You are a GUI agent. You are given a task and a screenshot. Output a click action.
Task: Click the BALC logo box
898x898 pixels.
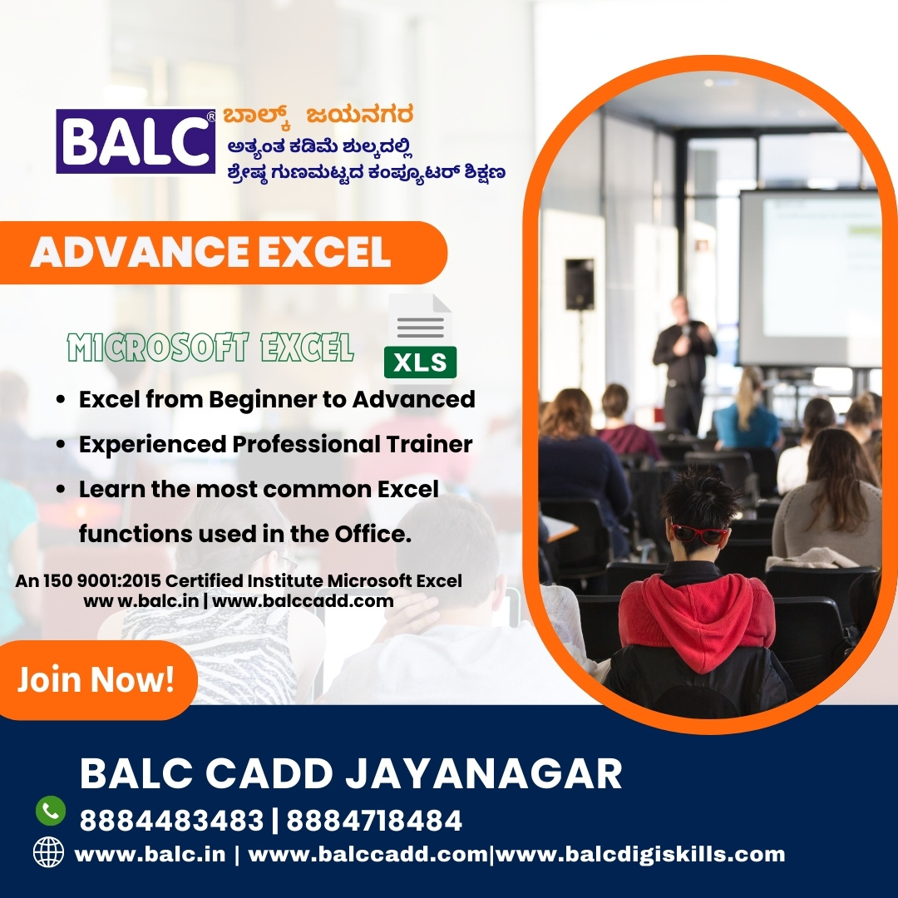pos(136,141)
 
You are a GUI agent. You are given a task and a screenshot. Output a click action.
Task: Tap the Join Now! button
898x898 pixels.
pos(96,679)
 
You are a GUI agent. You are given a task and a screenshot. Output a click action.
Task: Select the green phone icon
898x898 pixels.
pos(51,811)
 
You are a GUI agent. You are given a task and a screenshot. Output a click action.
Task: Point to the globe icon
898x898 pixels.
pos(48,851)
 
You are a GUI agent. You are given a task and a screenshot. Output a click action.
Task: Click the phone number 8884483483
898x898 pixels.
pos(172,820)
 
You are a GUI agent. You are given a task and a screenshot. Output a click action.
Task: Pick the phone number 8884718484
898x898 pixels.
pos(374,820)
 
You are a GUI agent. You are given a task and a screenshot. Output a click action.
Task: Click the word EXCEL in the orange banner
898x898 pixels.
pos(325,252)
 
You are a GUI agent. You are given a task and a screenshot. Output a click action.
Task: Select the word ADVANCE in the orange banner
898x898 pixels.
pos(140,252)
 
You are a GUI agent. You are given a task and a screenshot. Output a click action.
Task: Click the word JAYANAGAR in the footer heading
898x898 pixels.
pos(484,773)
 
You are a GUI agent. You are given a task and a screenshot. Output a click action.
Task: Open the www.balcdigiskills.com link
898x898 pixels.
pos(640,854)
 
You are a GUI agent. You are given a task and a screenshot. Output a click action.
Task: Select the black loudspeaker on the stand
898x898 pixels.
pos(580,284)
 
